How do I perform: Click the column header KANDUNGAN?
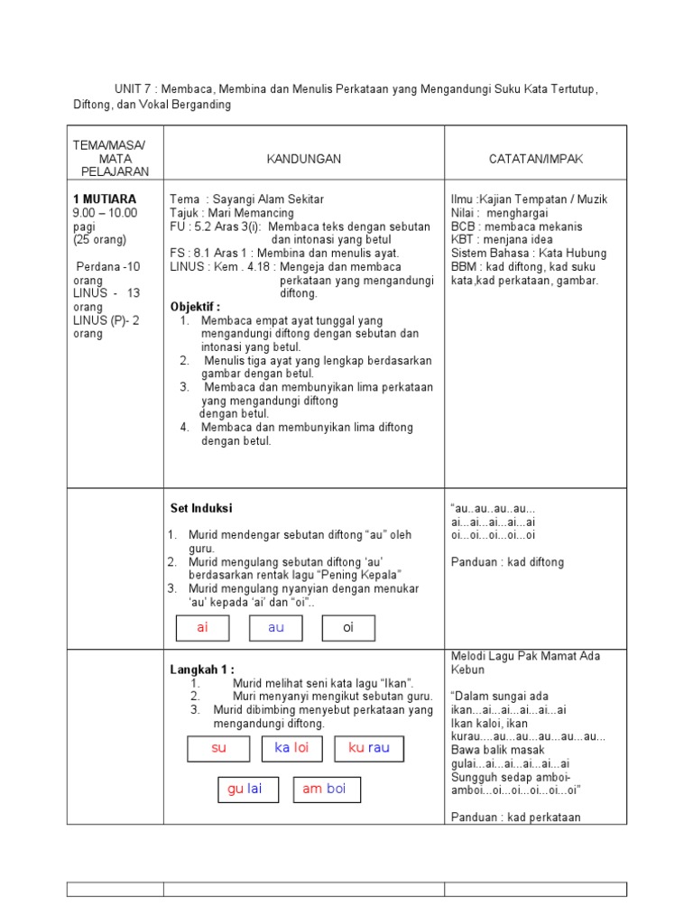tap(303, 159)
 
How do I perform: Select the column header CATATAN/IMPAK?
tap(536, 159)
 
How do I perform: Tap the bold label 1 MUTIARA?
tap(104, 199)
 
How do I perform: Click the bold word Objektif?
tap(195, 307)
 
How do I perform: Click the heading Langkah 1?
tap(202, 670)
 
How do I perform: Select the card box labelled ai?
tap(202, 628)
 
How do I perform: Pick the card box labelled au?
tap(275, 628)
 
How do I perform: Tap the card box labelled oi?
tap(348, 628)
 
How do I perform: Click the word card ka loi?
tap(291, 748)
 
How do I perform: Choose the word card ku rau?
tap(369, 748)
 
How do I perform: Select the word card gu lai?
tap(245, 789)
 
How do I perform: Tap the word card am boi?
tap(326, 789)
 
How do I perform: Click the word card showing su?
tap(218, 748)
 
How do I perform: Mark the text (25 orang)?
tap(100, 240)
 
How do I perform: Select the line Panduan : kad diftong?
tap(507, 562)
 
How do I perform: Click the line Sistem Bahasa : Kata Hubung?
tap(528, 254)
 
